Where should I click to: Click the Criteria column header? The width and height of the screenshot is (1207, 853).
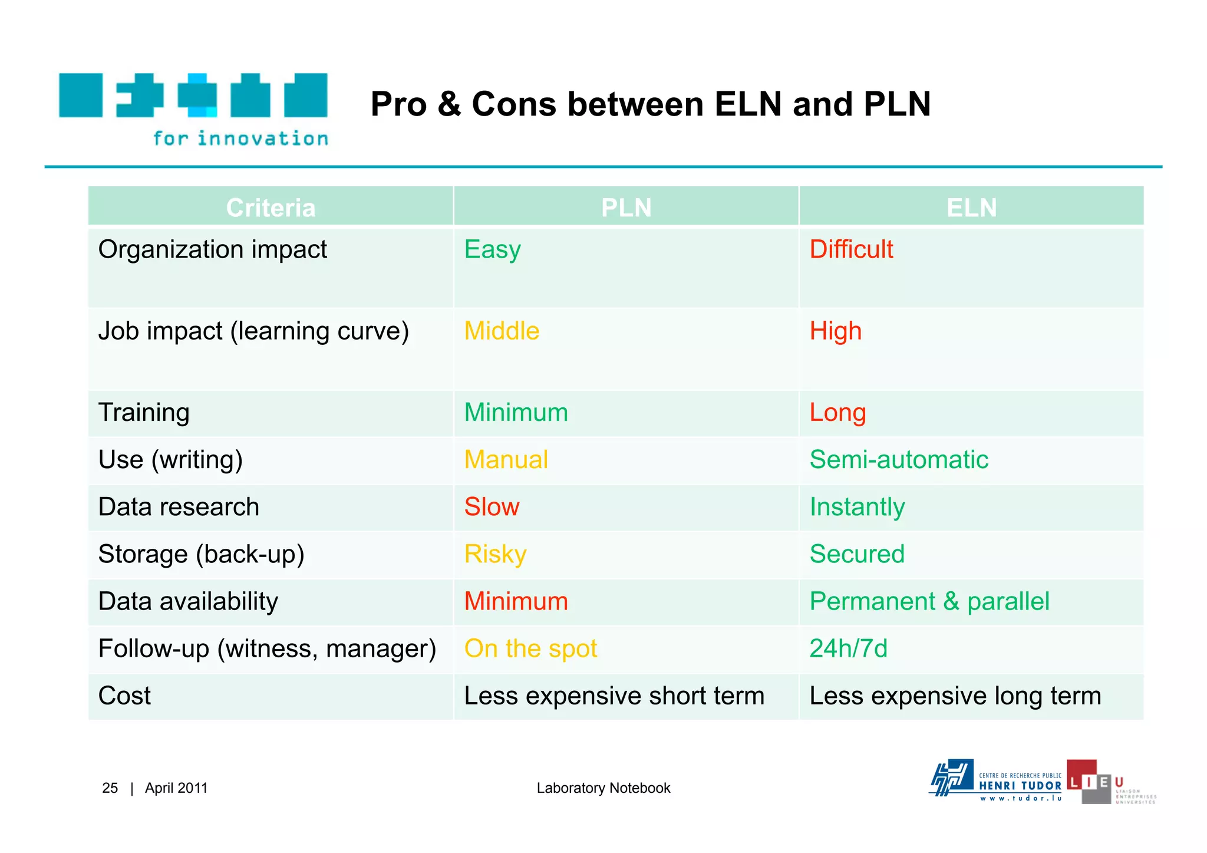[x=271, y=208]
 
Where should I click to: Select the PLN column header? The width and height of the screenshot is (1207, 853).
[x=626, y=208]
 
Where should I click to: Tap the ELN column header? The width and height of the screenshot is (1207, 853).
[x=971, y=208]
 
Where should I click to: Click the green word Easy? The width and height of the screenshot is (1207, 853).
[x=492, y=249]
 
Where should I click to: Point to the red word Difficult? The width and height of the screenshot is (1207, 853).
[x=851, y=249]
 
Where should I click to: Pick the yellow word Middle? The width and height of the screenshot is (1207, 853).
[x=502, y=331]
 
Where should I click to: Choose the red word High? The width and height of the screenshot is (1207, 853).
[x=835, y=331]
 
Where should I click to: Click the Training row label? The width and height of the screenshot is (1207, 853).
[x=144, y=412]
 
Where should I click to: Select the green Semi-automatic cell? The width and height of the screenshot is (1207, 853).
[x=899, y=459]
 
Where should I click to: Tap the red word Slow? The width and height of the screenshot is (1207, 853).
[x=492, y=507]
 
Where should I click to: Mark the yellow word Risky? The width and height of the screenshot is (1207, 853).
[x=495, y=554]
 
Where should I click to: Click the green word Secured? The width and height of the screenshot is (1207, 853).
[x=857, y=554]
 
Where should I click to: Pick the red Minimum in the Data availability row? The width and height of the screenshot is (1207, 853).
[x=516, y=601]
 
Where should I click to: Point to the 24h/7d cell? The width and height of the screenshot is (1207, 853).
[x=848, y=648]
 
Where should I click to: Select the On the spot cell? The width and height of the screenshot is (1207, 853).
[x=530, y=648]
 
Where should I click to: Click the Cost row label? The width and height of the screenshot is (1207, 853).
[x=124, y=696]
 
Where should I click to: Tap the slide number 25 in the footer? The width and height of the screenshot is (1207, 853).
[x=110, y=788]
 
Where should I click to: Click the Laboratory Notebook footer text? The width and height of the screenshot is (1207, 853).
[x=603, y=788]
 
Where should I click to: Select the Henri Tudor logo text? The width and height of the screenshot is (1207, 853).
[x=1020, y=786]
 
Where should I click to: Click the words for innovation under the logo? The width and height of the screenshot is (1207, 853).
[x=240, y=139]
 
